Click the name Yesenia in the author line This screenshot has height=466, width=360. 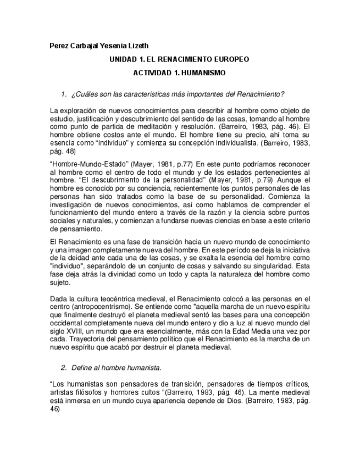109,46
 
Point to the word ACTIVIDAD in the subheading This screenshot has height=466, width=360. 151,73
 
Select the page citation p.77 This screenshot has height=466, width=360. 184,164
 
